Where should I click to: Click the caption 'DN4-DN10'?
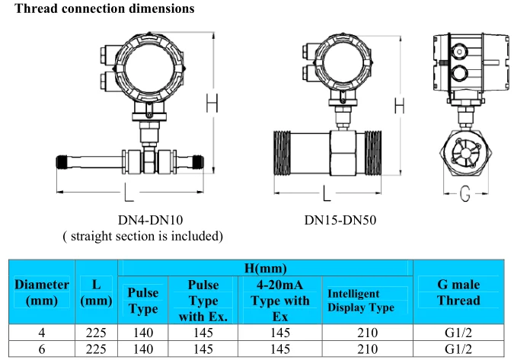pos(150,220)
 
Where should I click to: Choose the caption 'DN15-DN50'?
pos(340,220)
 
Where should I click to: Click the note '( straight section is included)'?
pos(142,236)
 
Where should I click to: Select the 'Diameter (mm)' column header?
pos(42,292)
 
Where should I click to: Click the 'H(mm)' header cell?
pos(265,268)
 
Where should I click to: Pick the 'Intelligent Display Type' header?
pos(361,301)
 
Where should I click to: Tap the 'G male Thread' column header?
pos(458,292)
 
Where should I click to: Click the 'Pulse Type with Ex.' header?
pos(203,300)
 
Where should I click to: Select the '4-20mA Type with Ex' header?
pos(280,300)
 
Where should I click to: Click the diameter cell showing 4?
pos(42,333)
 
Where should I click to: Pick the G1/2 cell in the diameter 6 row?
pos(458,349)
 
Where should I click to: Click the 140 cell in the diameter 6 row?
pos(142,349)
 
